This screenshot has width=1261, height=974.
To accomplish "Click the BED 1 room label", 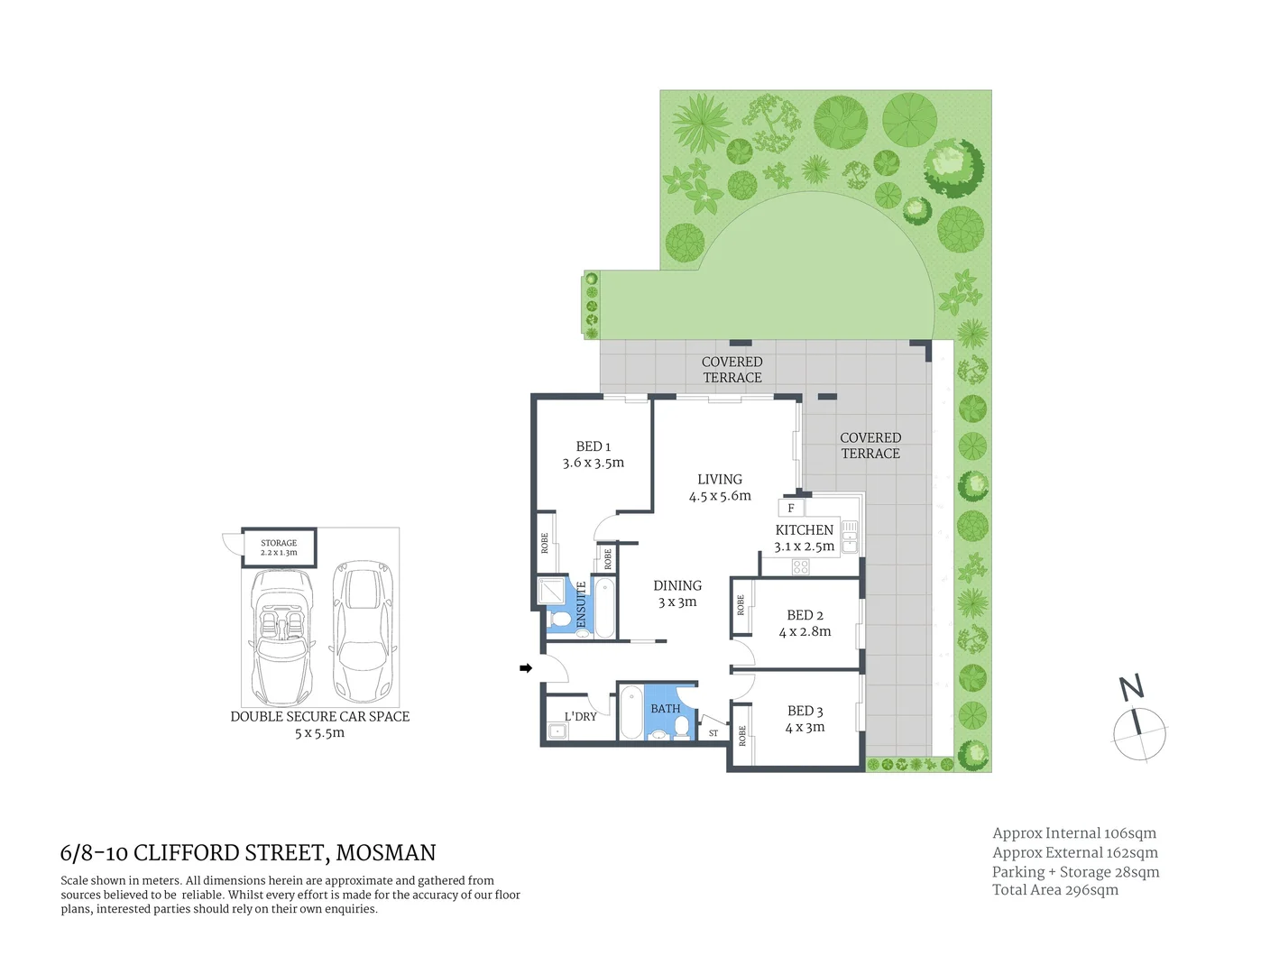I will point(594,446).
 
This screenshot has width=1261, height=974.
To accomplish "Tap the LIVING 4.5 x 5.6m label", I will point(720,488).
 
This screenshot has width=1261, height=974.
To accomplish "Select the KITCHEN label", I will point(804,530).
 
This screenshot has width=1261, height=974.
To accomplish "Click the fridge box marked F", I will point(791,509).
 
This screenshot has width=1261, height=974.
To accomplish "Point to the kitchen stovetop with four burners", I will point(800,567).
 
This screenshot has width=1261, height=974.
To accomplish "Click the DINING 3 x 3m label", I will point(677,593).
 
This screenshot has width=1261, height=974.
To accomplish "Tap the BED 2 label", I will point(805,615).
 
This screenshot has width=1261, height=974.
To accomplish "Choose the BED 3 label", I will point(805,712).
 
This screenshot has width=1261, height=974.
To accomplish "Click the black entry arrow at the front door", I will point(526,668).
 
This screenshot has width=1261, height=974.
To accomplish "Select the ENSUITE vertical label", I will point(582,604).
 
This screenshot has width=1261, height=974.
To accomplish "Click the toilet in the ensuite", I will point(560,620).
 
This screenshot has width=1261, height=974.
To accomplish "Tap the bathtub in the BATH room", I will point(631,712).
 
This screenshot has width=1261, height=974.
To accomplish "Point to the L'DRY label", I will point(580,717).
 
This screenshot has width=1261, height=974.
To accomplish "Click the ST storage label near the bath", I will point(713,733).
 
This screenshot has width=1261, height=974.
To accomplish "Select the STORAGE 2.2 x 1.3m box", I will point(279,547).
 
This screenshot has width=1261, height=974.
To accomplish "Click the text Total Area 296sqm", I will point(1054,890).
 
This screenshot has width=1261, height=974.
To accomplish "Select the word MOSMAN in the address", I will point(386,853).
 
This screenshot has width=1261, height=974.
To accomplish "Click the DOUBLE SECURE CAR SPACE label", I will point(320,717).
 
